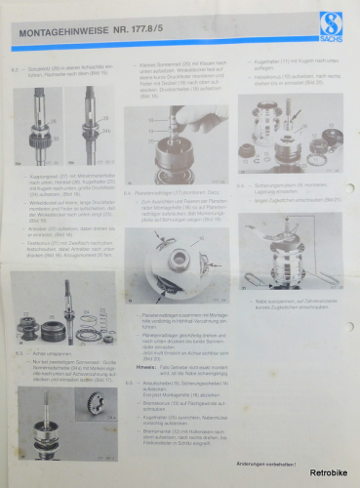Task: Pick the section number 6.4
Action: (x=128, y=192)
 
